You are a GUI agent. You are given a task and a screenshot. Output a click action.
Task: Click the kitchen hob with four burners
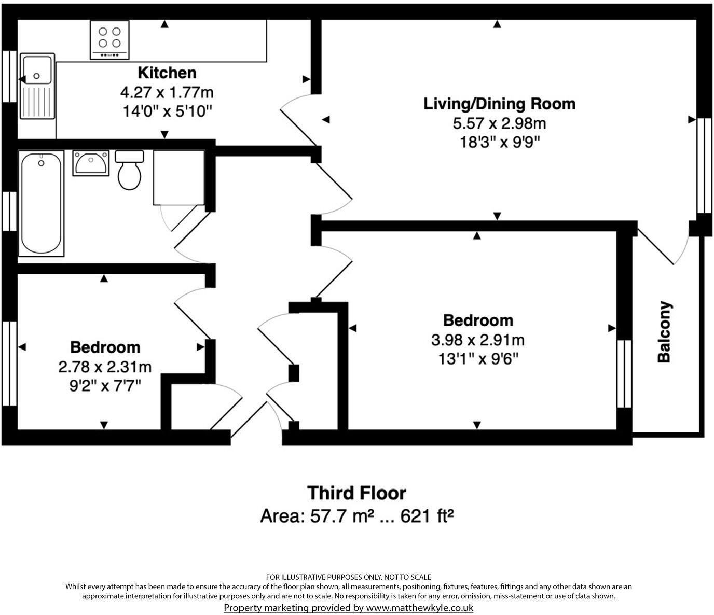[x=109, y=39]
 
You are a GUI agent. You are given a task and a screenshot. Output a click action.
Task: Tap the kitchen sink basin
[x=36, y=69]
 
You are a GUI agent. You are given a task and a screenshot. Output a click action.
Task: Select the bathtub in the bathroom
[x=41, y=203]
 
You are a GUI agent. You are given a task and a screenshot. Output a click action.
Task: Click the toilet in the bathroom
[x=129, y=171]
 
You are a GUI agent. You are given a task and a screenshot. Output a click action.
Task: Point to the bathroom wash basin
[x=90, y=163]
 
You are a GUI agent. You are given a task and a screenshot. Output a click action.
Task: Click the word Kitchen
[x=167, y=73]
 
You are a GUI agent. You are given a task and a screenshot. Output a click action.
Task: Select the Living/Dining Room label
[x=499, y=104]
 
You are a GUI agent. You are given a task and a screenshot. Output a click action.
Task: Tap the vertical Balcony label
[x=664, y=332]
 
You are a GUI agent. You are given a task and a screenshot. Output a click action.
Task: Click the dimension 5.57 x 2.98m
[x=499, y=123]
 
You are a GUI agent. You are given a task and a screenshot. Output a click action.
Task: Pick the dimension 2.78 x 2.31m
[x=105, y=367]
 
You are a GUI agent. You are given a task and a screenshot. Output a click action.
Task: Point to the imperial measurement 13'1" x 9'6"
[x=477, y=358]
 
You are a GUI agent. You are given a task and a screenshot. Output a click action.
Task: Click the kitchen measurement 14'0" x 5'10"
[x=167, y=111]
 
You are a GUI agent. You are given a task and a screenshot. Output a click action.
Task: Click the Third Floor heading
[x=356, y=493]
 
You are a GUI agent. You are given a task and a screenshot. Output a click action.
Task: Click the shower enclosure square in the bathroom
[x=178, y=177]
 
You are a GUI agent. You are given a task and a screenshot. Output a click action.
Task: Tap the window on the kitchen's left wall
[x=9, y=76]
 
